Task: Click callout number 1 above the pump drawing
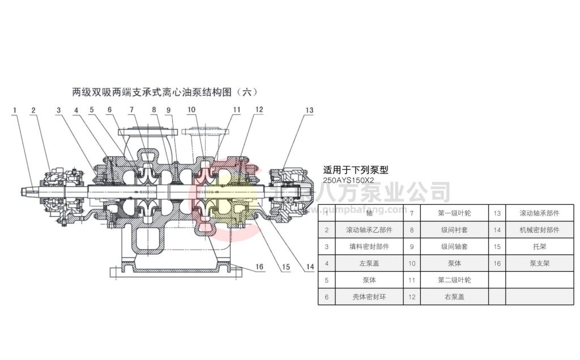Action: [x=15, y=110]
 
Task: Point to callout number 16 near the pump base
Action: [x=259, y=266]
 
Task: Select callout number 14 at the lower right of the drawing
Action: [x=309, y=266]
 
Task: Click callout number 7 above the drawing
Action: [x=131, y=110]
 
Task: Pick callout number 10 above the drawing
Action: [x=191, y=110]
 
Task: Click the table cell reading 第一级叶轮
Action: [x=454, y=213]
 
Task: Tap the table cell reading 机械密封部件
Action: [x=539, y=230]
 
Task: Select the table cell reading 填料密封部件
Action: [x=369, y=247]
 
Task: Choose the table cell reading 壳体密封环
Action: [x=369, y=297]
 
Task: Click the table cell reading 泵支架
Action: [x=539, y=263]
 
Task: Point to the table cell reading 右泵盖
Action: [x=454, y=297]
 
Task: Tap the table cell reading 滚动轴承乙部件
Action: [x=369, y=230]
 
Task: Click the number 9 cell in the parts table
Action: [x=412, y=247]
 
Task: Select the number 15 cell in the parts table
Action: [x=497, y=247]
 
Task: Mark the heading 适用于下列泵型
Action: [x=355, y=169]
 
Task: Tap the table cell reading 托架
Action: [x=539, y=247]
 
